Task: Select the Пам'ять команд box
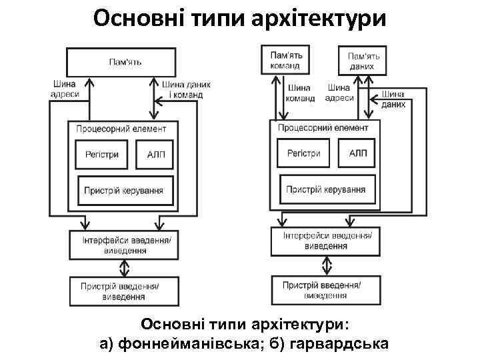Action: click(286, 59)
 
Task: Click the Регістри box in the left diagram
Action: click(102, 155)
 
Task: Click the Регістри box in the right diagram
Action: click(304, 153)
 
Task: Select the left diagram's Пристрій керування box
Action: click(125, 190)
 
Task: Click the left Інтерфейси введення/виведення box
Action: click(125, 244)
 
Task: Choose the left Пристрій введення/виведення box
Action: click(125, 291)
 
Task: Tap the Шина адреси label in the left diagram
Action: click(64, 89)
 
